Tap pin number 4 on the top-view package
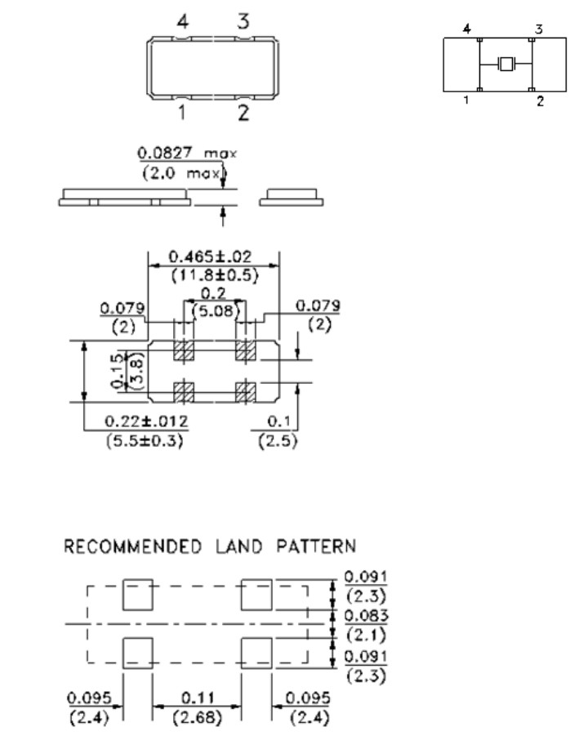click(182, 22)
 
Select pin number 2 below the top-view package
click(243, 113)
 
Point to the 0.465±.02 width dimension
click(211, 256)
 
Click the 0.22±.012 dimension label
click(147, 421)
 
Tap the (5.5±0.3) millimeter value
click(147, 440)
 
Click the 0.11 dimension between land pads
click(197, 698)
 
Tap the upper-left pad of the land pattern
click(137, 595)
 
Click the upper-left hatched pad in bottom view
click(183, 351)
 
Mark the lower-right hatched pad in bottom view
click(243, 391)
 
